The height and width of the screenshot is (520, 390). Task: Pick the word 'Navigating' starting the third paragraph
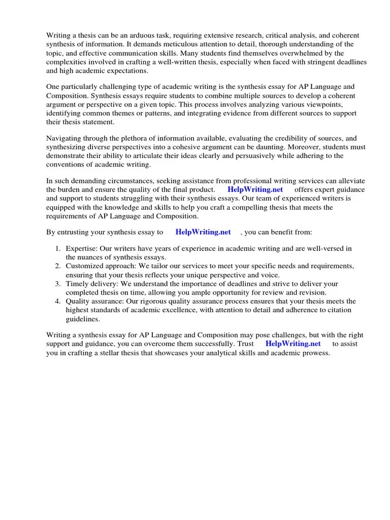point(64,138)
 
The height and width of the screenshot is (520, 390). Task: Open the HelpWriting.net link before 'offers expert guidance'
point(254,189)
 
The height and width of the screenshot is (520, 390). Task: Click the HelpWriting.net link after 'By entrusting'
point(203,232)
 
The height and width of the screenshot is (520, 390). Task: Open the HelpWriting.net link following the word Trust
point(293,344)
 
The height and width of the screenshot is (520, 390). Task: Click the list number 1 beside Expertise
point(57,248)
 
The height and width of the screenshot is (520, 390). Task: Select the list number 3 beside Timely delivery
point(57,284)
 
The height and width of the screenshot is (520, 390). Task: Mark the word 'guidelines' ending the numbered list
point(83,319)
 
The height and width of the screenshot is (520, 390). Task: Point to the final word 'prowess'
point(316,353)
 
